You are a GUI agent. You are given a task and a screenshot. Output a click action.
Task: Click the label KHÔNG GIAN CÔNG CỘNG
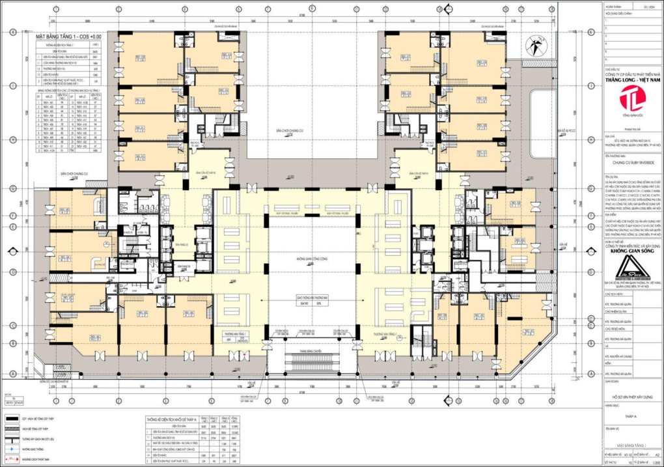pyautogui.click(x=311, y=259)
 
